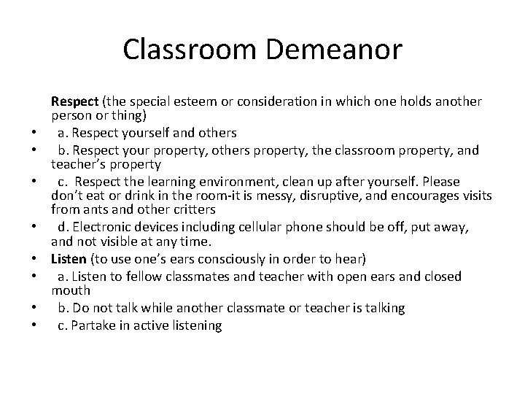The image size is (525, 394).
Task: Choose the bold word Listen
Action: click(69, 260)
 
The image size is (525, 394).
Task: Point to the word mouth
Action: click(70, 291)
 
